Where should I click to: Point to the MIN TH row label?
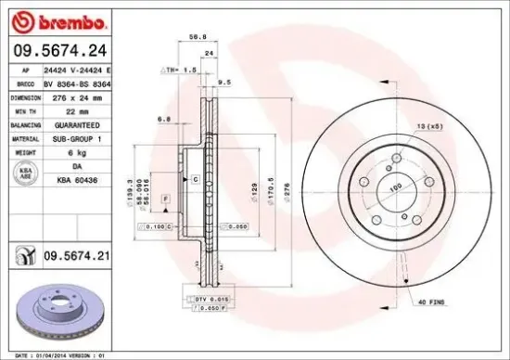click(x=25, y=110)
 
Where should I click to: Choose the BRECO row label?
click(x=25, y=83)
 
